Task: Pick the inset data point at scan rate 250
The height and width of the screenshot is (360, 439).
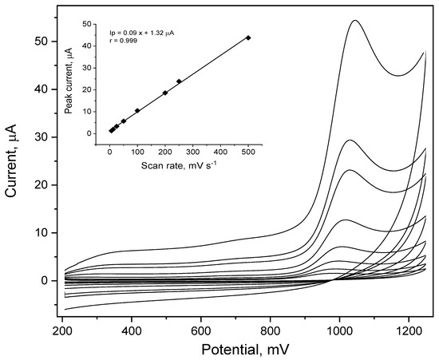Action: tap(179, 81)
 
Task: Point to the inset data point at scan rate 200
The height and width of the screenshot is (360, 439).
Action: tap(165, 93)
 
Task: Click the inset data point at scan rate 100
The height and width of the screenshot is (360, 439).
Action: tap(137, 110)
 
